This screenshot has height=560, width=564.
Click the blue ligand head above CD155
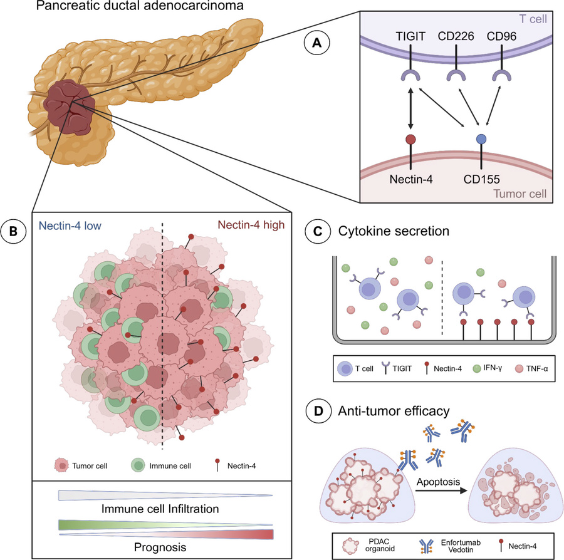480,139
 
